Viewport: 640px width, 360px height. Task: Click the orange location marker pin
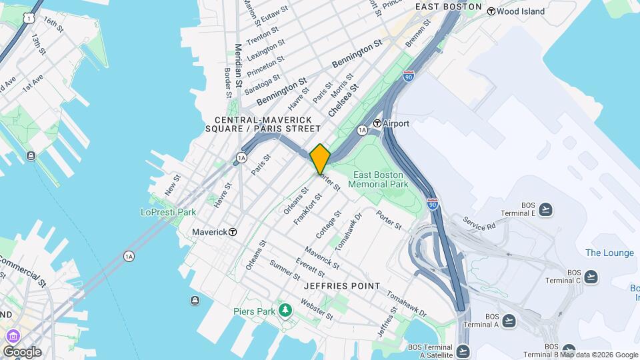pos(320,159)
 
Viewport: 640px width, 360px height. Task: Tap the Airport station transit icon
pos(377,123)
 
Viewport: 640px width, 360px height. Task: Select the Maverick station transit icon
pos(233,232)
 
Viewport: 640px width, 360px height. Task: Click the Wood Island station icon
pos(491,11)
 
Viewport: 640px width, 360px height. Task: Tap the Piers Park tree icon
pos(285,310)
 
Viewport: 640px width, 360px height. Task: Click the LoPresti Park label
pos(168,212)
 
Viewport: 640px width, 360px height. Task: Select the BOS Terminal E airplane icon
pos(546,209)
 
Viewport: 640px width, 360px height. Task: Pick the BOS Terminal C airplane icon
pos(591,277)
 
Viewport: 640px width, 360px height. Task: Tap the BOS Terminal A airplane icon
pos(509,321)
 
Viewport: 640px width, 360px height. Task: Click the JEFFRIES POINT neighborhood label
pos(341,286)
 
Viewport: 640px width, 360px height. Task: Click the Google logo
pos(22,351)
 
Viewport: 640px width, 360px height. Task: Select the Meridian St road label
pos(238,66)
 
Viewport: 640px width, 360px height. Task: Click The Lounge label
pos(609,253)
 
